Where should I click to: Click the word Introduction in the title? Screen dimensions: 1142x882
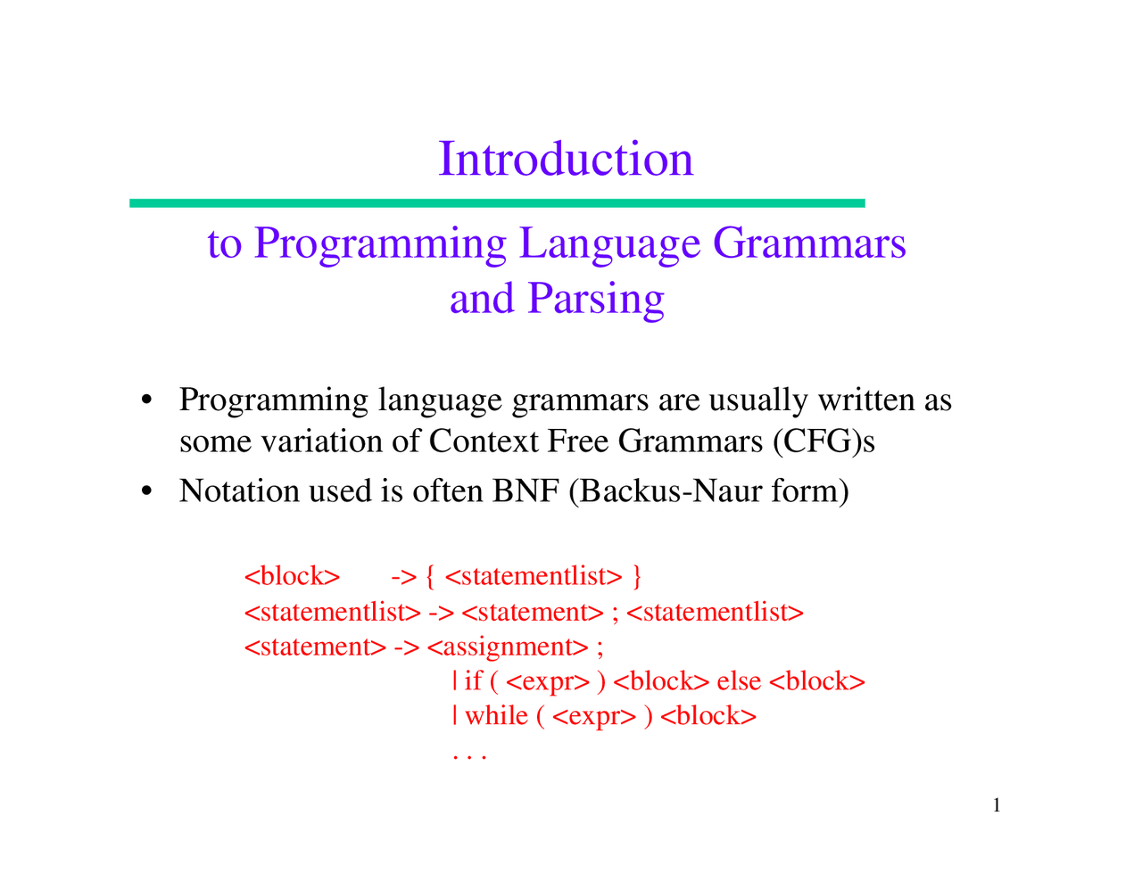[x=566, y=158]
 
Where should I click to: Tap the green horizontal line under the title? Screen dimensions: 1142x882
[x=497, y=203]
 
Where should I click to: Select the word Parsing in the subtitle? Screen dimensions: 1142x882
[x=596, y=300]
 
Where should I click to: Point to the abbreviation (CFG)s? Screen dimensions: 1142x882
[x=824, y=441]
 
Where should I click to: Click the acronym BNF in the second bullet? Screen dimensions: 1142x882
[x=526, y=490]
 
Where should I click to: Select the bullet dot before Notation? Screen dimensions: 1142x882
[x=146, y=491]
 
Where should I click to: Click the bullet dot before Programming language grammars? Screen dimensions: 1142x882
[x=146, y=400]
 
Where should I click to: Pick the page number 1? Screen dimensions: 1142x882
[x=997, y=804]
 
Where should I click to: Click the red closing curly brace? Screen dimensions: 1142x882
[x=637, y=576]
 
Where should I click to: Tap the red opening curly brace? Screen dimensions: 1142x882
[x=430, y=576]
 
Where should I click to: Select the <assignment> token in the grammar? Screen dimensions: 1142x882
[x=508, y=647]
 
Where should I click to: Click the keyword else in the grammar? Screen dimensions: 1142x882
[x=739, y=681]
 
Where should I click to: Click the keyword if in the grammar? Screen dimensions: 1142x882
[x=473, y=681]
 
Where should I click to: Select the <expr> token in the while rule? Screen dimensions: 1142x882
[x=594, y=717]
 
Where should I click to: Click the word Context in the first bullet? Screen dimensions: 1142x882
[x=484, y=441]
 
